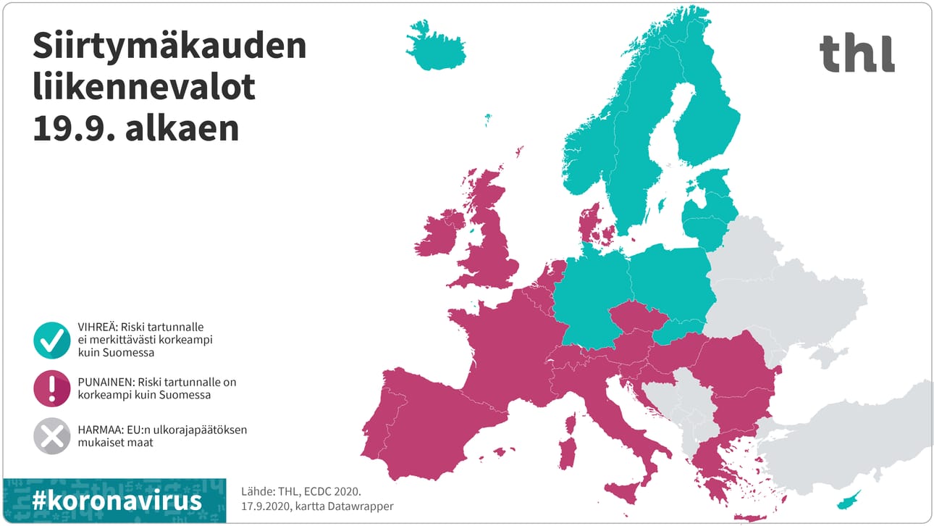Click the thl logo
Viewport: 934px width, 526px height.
[x=857, y=54]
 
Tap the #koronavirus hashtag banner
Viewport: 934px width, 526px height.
[x=116, y=501]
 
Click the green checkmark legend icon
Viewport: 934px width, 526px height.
[x=52, y=339]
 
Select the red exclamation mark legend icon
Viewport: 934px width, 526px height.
[x=52, y=388]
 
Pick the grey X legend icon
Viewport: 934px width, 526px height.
[x=52, y=436]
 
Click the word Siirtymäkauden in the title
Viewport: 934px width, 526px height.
[x=169, y=47]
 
